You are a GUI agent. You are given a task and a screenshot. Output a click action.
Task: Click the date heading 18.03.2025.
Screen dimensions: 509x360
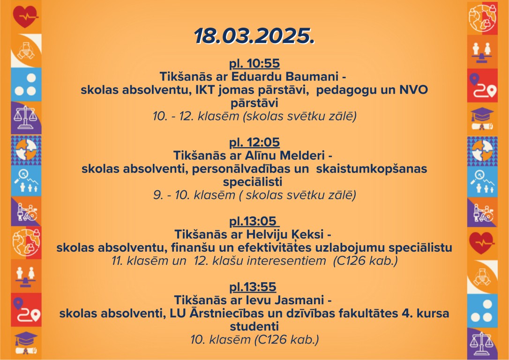tap(254, 36)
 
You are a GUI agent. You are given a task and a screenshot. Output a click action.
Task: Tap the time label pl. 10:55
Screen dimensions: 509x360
tap(254, 63)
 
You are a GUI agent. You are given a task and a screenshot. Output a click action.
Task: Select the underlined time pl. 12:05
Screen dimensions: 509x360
tap(254, 142)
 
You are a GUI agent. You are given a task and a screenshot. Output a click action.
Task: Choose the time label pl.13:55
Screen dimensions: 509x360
tap(253, 287)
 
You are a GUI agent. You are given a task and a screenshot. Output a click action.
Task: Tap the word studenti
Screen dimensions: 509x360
tap(254, 327)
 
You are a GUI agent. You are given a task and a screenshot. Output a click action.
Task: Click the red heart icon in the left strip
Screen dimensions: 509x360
tap(25, 16)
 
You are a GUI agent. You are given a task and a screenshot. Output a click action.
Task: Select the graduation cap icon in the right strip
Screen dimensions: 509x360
tap(482, 118)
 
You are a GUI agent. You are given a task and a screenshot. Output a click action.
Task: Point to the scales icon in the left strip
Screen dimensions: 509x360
tap(25, 118)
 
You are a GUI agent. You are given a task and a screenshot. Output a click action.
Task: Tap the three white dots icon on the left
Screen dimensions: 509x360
tap(26, 84)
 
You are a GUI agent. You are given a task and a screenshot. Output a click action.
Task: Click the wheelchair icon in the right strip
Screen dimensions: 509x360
tap(482, 213)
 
